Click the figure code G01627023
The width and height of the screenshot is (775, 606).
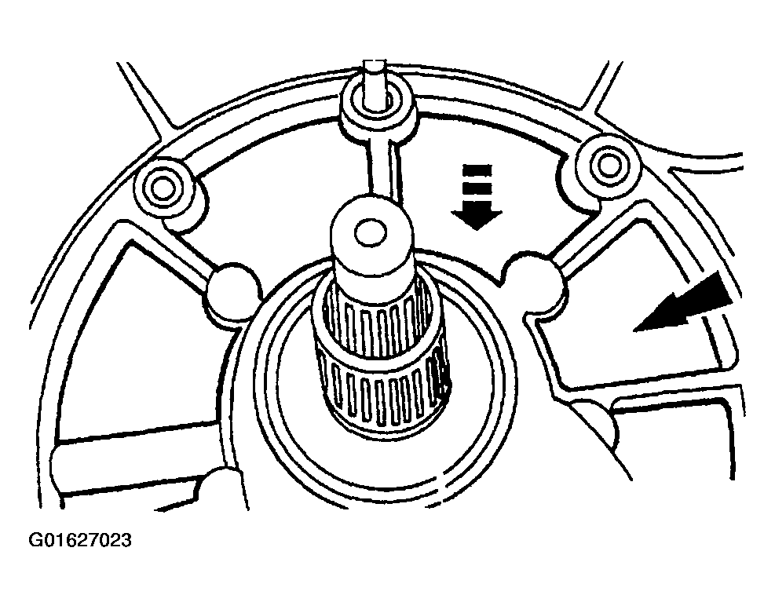(80, 540)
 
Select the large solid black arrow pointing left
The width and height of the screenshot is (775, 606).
(687, 304)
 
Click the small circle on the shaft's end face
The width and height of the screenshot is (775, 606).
(371, 233)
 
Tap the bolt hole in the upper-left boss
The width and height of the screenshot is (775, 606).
(162, 188)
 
